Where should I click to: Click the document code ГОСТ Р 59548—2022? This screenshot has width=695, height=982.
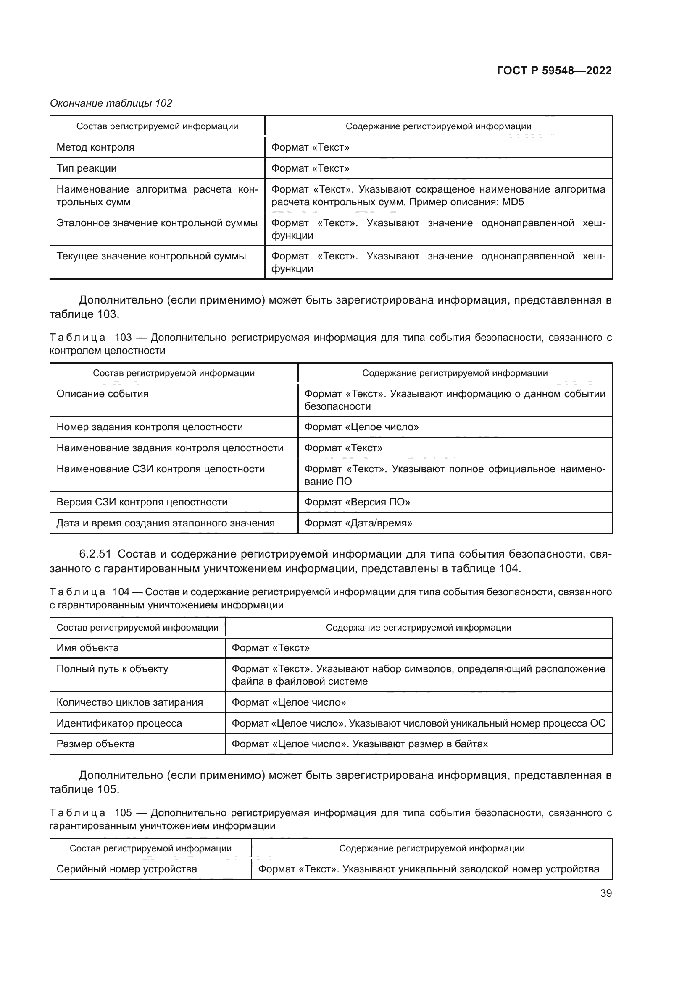click(x=554, y=71)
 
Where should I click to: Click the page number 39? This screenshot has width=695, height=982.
click(x=605, y=893)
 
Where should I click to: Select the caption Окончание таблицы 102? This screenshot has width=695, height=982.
click(x=111, y=103)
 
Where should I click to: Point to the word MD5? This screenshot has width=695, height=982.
click(x=513, y=202)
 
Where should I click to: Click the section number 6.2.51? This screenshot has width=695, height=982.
click(x=95, y=554)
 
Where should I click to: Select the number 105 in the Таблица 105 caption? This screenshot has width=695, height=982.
click(x=123, y=813)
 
